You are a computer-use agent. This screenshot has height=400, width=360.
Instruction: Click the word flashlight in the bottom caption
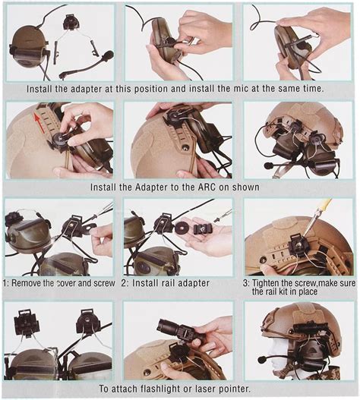tap(161, 389)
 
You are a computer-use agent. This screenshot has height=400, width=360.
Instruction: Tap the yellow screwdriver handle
tap(324, 206)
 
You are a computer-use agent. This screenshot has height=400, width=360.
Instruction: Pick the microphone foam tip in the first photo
tap(108, 55)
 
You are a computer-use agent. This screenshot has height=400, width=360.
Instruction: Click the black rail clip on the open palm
tap(201, 228)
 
